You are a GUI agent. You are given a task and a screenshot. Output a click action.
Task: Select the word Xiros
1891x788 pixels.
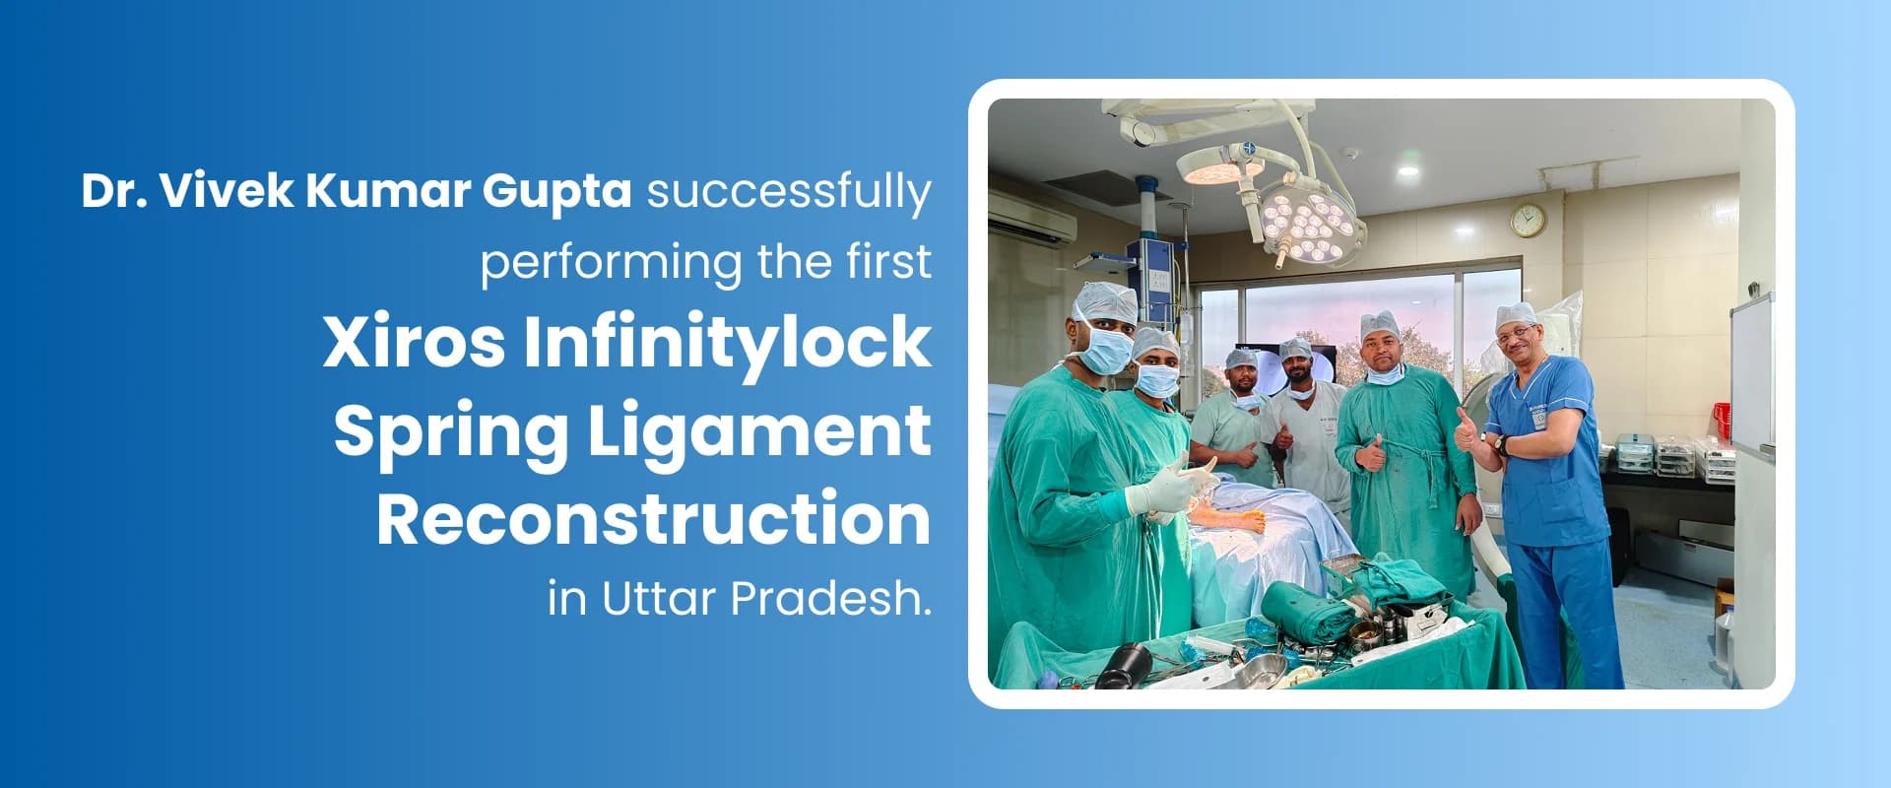pyautogui.click(x=414, y=342)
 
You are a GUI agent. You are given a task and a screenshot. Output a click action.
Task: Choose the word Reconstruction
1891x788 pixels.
pyautogui.click(x=654, y=518)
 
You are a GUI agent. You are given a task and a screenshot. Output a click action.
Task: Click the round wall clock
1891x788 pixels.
pyautogui.click(x=1529, y=220)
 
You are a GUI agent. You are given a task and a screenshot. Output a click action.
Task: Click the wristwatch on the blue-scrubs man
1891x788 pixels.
pyautogui.click(x=1500, y=445)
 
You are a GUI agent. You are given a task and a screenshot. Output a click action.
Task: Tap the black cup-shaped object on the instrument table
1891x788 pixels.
pyautogui.click(x=1124, y=665)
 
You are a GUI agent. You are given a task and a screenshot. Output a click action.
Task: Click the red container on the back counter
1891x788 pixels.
pyautogui.click(x=1722, y=420)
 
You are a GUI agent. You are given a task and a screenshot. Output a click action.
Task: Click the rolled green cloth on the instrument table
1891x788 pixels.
pyautogui.click(x=1307, y=613)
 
